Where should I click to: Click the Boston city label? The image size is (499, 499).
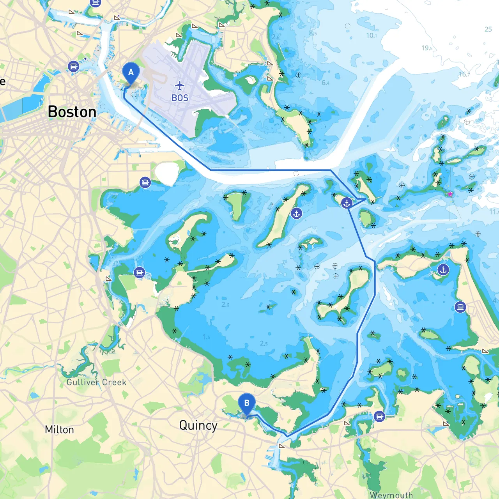pyautogui.click(x=72, y=112)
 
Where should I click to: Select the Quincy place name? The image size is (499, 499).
pyautogui.click(x=198, y=425)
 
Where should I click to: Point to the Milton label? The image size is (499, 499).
pyautogui.click(x=59, y=430)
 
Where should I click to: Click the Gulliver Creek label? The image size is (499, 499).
pyautogui.click(x=96, y=382)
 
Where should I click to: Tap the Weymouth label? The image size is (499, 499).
pyautogui.click(x=391, y=495)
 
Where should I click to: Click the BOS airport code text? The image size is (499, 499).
pyautogui.click(x=180, y=98)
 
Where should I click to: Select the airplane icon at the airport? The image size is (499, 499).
pyautogui.click(x=179, y=85)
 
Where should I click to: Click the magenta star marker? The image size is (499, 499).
pyautogui.click(x=450, y=194)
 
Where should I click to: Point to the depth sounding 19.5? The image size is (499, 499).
pyautogui.click(x=427, y=48)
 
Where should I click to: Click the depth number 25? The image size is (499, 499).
pyautogui.click(x=488, y=29)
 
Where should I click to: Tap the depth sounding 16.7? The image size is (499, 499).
pyautogui.click(x=464, y=74)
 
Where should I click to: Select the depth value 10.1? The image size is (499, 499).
pyautogui.click(x=371, y=35)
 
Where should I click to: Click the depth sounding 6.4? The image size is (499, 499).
pyautogui.click(x=326, y=83)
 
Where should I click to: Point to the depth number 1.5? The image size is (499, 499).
pyautogui.click(x=206, y=337)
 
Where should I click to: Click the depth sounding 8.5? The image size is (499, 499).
pyautogui.click(x=313, y=33)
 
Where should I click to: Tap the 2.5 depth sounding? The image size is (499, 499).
pyautogui.click(x=264, y=343)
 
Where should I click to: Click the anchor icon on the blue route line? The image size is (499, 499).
pyautogui.click(x=347, y=203)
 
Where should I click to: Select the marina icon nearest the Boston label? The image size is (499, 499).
pyautogui.click(x=73, y=66)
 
